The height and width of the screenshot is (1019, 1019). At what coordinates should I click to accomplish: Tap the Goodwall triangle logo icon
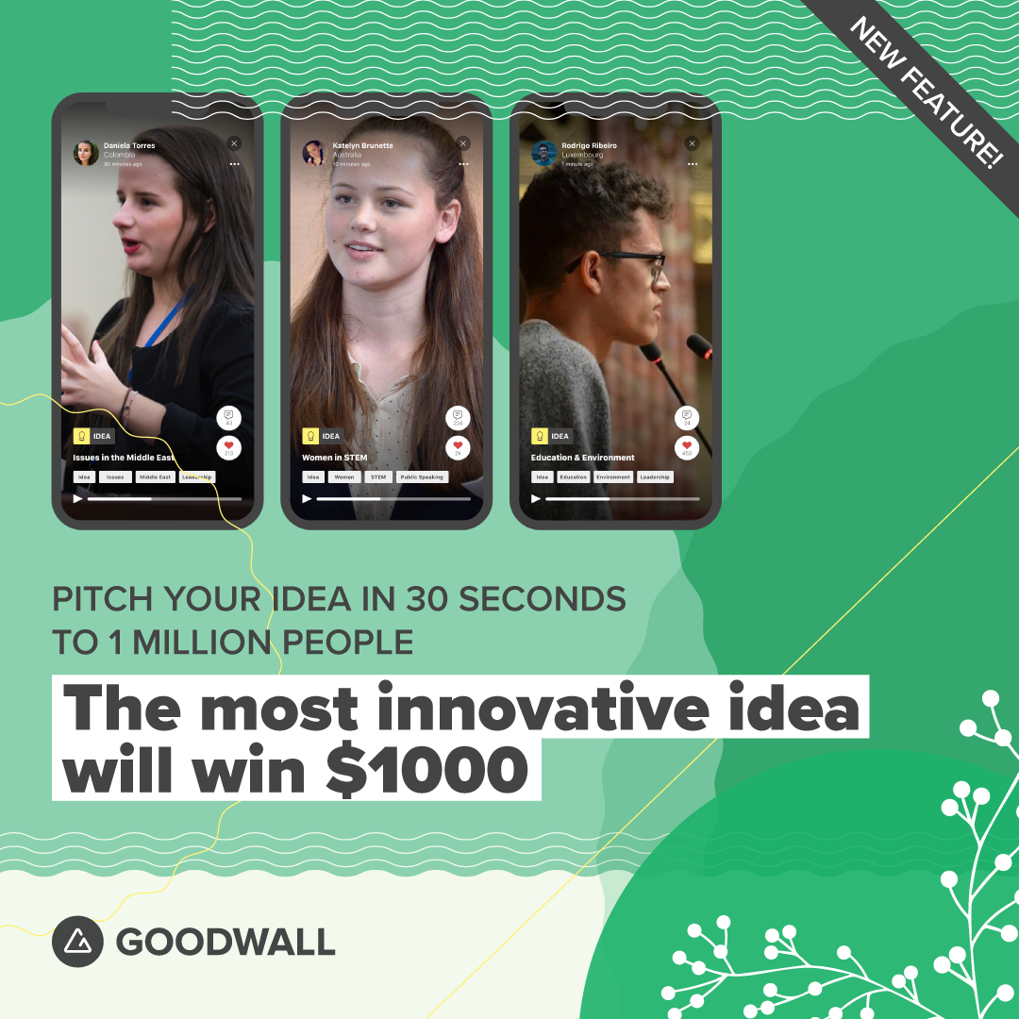[77, 942]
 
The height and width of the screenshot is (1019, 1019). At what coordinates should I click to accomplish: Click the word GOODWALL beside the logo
[226, 942]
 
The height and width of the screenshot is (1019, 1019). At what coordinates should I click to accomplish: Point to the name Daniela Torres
[129, 145]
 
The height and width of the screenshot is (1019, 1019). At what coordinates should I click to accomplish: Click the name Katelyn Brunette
[362, 145]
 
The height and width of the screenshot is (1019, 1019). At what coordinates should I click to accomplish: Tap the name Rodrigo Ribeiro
[589, 145]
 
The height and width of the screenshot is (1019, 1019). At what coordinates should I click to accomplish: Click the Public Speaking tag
[421, 477]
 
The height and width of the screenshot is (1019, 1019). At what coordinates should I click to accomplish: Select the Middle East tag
[154, 477]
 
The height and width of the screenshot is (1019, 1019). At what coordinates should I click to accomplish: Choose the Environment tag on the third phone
[613, 477]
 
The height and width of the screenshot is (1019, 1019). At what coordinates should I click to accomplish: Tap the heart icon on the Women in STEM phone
[458, 444]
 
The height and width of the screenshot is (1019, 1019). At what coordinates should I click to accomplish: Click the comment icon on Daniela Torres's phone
[228, 415]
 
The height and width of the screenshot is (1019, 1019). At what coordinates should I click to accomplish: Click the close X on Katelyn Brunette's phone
[463, 143]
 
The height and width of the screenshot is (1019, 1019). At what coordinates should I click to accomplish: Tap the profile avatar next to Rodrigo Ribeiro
[543, 153]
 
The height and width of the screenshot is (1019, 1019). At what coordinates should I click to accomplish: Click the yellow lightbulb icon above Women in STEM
[310, 436]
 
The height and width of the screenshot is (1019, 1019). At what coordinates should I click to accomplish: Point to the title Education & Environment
[582, 458]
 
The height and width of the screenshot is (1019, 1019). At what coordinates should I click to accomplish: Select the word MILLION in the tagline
[201, 642]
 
